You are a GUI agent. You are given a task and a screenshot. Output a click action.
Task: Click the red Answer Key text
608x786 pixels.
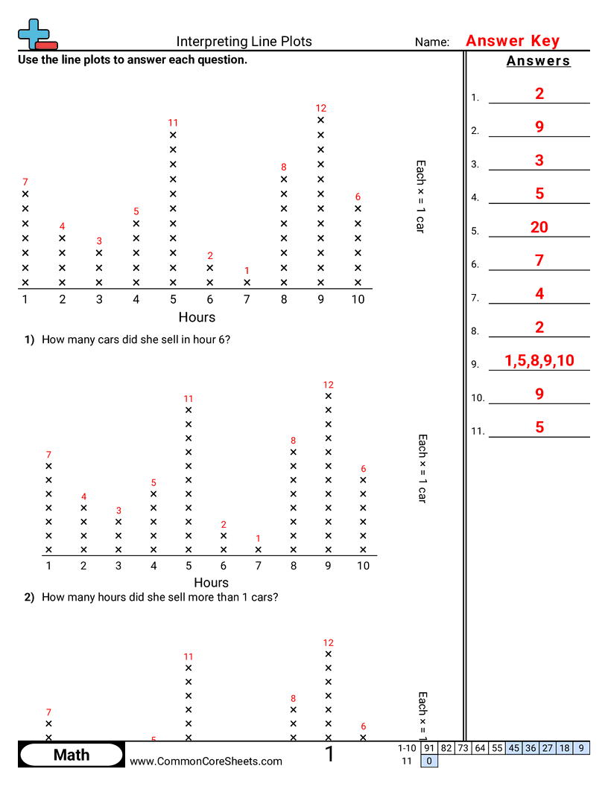coord(512,41)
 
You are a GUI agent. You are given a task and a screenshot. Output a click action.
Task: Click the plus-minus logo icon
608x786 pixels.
coord(35,34)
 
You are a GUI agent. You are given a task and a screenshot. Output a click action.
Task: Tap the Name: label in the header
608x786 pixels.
coord(431,42)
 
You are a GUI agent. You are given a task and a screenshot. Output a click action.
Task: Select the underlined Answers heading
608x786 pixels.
coord(538,61)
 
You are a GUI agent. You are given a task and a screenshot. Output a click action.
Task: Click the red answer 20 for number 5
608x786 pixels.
coord(539,227)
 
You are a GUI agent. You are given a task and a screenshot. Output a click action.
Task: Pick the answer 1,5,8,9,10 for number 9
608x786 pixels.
coord(539,361)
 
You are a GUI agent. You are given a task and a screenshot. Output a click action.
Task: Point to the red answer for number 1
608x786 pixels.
coord(539,93)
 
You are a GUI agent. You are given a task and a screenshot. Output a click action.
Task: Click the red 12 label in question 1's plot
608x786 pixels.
coord(321,108)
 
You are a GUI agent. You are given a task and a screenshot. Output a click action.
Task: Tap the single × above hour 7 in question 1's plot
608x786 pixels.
coord(247,283)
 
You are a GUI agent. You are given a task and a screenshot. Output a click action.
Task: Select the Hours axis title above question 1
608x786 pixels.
coord(197,317)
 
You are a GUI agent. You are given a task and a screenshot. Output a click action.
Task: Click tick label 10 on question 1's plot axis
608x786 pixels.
coord(358,299)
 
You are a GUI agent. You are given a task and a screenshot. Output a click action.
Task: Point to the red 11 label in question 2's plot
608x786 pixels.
coord(189,398)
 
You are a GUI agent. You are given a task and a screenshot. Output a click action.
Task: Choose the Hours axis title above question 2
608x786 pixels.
coord(211,582)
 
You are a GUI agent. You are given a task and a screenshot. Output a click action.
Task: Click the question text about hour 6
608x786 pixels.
coord(136,339)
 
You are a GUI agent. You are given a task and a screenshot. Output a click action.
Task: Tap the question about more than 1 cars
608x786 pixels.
coord(159,597)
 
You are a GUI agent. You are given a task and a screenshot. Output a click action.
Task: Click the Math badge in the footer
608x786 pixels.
coord(72,755)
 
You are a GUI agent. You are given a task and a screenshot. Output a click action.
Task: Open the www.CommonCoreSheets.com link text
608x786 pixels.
coord(206,761)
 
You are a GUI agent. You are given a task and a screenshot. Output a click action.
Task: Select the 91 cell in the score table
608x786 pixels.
coord(428,748)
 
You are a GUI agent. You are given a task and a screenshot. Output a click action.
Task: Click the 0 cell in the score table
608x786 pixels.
coord(429,761)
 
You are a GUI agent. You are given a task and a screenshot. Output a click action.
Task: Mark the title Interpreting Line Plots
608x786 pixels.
coord(244,42)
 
